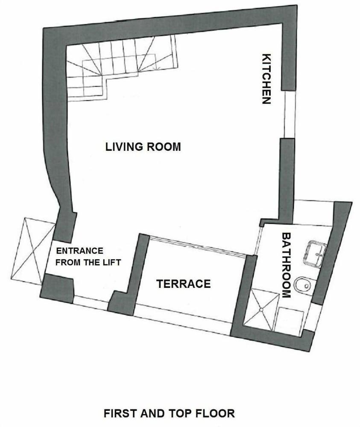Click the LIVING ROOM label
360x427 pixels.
[143, 147]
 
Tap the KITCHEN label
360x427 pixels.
[266, 79]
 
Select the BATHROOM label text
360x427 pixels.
[286, 265]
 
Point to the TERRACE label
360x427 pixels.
[183, 284]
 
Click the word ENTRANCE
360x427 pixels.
[80, 251]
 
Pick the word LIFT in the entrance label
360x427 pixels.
[112, 262]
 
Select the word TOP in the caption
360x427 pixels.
[177, 413]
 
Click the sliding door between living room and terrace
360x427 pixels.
[196, 246]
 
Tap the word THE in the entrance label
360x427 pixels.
[91, 262]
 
